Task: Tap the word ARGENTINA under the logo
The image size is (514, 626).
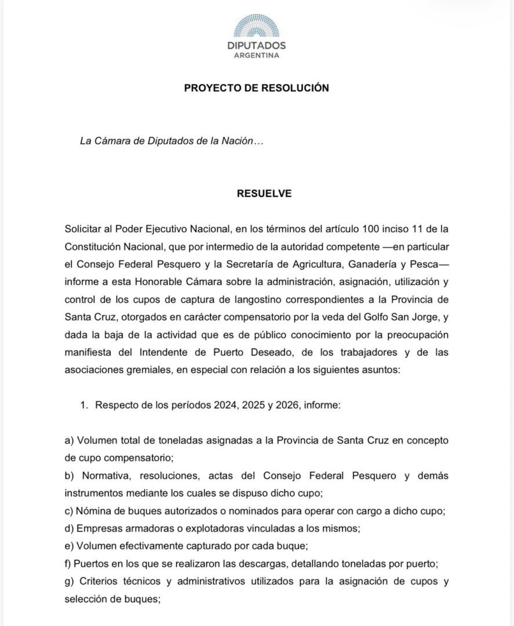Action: [257, 56]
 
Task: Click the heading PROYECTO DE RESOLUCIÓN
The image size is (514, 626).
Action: [257, 88]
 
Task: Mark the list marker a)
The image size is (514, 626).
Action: [70, 441]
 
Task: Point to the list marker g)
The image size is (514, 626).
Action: [70, 581]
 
